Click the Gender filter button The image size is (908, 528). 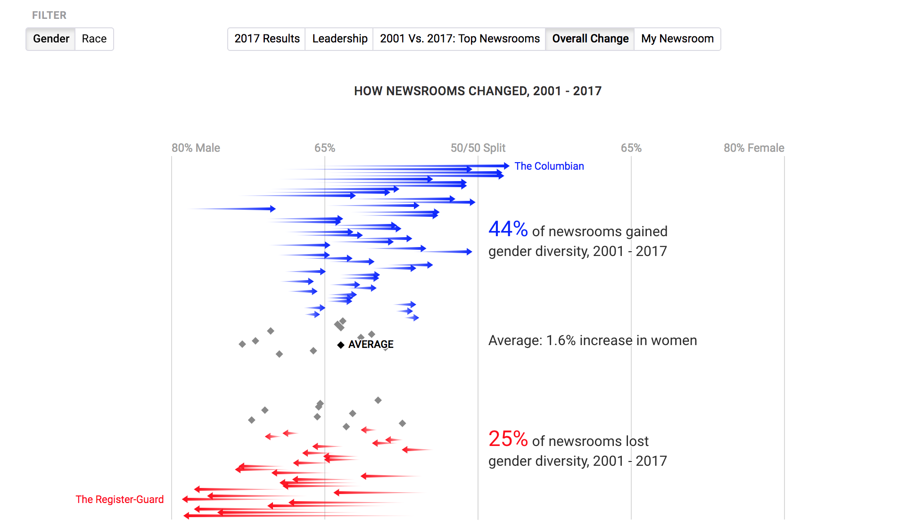[x=51, y=39]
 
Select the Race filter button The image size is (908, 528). [x=94, y=39]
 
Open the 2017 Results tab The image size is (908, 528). [x=267, y=39]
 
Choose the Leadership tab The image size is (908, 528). [x=339, y=39]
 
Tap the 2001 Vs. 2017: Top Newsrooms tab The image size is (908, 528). [x=460, y=39]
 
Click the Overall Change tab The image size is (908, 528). [x=590, y=39]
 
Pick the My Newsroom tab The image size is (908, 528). [x=677, y=39]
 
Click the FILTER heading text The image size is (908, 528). [x=49, y=15]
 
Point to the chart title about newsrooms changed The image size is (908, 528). [x=478, y=91]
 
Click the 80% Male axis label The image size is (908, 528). [x=196, y=148]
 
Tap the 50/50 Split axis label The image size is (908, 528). [x=478, y=148]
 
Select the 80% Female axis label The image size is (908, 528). [x=753, y=148]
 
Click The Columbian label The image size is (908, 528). [x=549, y=166]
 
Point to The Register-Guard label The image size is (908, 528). [x=120, y=499]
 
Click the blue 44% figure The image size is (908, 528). [x=508, y=229]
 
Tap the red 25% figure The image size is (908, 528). [x=508, y=439]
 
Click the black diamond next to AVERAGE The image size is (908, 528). [x=341, y=345]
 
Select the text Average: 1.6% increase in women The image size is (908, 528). [x=592, y=340]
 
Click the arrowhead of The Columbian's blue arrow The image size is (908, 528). [x=506, y=166]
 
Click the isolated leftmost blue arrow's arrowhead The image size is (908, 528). [x=272, y=209]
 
